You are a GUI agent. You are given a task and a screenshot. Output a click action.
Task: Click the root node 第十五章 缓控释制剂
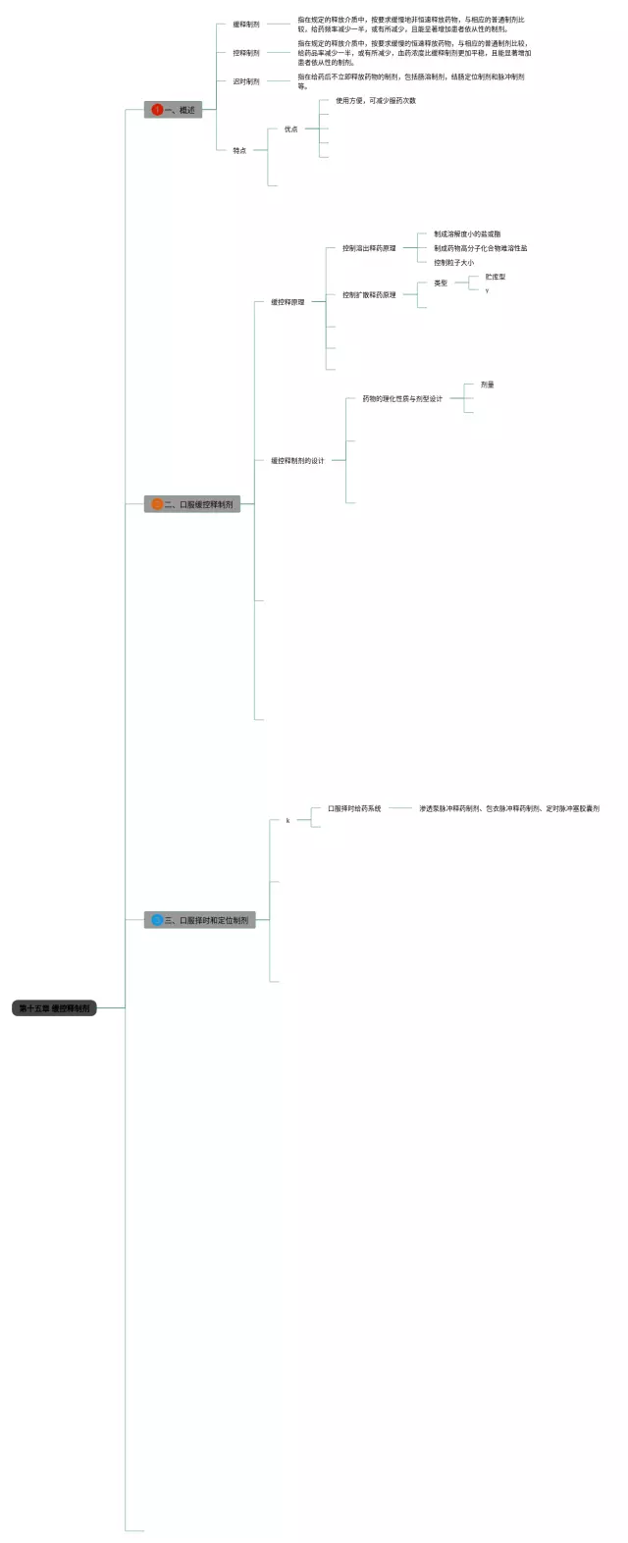(54, 1007)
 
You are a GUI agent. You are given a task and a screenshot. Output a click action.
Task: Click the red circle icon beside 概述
(157, 110)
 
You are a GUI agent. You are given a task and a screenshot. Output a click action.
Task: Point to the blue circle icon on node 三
(157, 920)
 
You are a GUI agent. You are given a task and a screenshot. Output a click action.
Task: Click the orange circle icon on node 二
(157, 504)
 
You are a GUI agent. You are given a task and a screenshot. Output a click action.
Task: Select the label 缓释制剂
(246, 25)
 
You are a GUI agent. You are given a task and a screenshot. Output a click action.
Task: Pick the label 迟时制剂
(246, 81)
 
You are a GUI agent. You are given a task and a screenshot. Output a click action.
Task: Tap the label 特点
(239, 150)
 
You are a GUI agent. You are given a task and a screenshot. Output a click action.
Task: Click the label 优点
(290, 129)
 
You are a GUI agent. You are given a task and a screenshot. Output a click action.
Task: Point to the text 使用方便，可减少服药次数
(376, 101)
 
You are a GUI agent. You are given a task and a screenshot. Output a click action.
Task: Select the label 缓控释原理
(288, 302)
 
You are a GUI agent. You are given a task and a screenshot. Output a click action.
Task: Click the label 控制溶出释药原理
(369, 248)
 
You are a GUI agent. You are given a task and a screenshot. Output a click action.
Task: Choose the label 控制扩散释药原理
(369, 294)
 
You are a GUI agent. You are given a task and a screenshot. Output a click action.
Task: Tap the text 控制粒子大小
(453, 263)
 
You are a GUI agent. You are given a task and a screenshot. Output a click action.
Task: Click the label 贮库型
(496, 277)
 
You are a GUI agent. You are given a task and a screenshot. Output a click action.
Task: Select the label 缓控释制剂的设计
(297, 460)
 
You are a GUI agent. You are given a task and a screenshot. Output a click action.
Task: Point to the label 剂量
(488, 385)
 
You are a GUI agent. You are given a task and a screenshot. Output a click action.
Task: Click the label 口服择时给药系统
(354, 808)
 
